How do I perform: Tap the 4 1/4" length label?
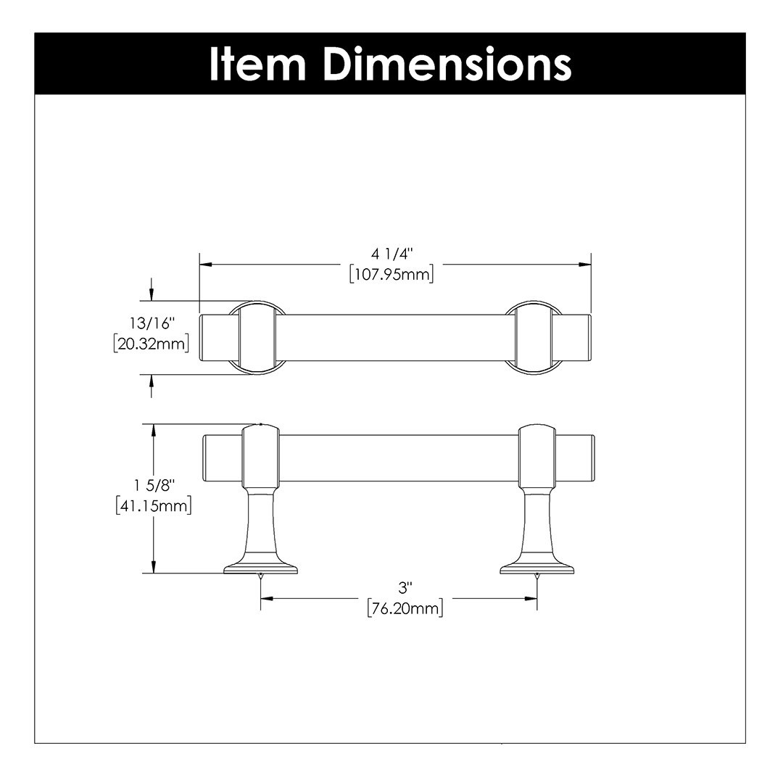(393, 254)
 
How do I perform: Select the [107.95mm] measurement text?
(391, 274)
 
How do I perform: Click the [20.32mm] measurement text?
(152, 344)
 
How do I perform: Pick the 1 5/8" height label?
(154, 485)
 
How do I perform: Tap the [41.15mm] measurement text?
(154, 506)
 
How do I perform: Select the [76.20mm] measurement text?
(405, 608)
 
